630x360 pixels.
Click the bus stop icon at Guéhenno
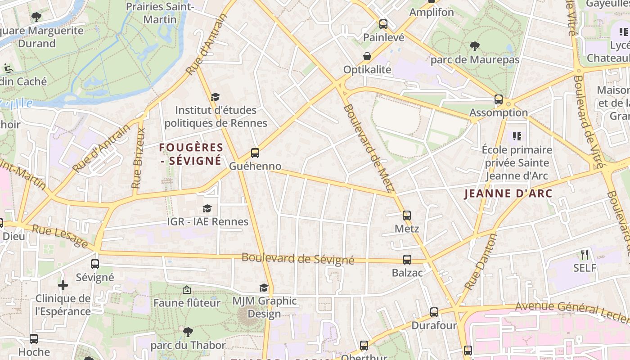coord(255,153)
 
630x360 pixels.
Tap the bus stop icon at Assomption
coord(498,99)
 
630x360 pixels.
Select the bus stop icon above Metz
coord(407,216)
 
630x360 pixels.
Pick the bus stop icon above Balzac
coord(407,260)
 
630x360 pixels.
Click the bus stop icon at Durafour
coord(434,312)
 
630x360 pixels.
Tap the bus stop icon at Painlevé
coord(383,24)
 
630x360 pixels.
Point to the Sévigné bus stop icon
coord(94,264)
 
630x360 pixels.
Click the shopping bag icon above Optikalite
coord(368,57)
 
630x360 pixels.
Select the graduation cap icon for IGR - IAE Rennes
coord(207,208)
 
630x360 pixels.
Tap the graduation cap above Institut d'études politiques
coord(216,97)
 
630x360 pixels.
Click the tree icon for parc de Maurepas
coord(475,46)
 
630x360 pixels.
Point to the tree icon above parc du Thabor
coord(188,332)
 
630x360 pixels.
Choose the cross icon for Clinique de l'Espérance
coord(63,285)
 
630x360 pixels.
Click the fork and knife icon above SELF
coord(585,255)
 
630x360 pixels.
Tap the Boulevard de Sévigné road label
coord(298,259)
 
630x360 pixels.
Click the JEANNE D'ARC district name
coord(508,193)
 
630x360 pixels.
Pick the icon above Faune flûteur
coord(187,290)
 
